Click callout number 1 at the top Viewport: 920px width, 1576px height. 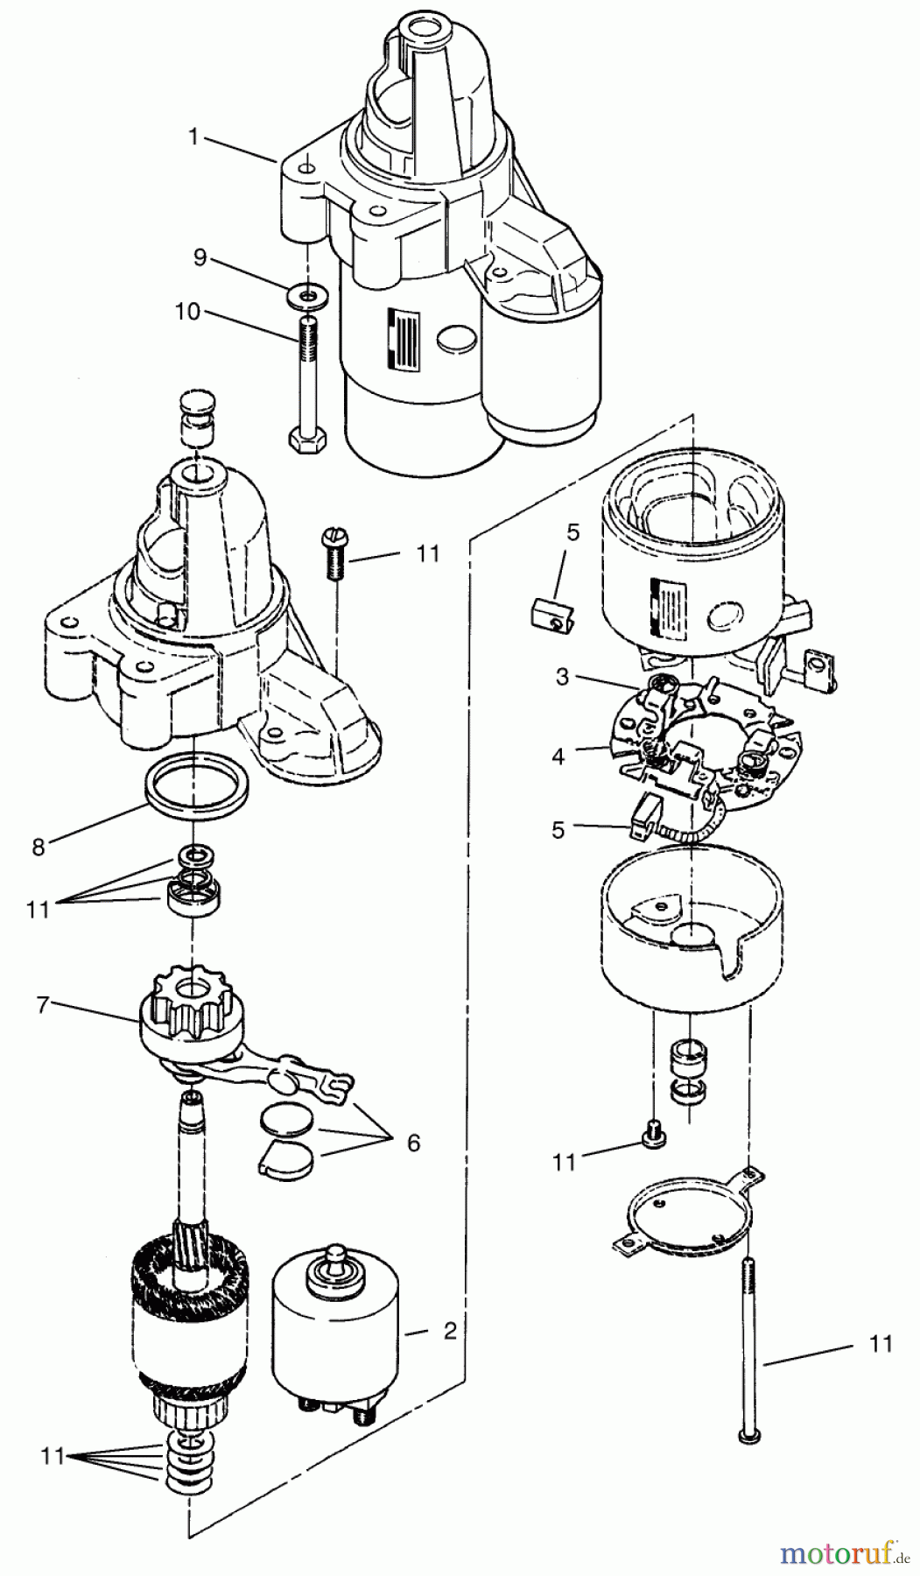click(193, 137)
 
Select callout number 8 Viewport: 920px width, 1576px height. click(38, 848)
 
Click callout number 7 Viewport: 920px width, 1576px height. click(42, 1005)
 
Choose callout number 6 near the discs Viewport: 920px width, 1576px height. click(412, 1143)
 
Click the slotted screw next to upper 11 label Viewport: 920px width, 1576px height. click(334, 555)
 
